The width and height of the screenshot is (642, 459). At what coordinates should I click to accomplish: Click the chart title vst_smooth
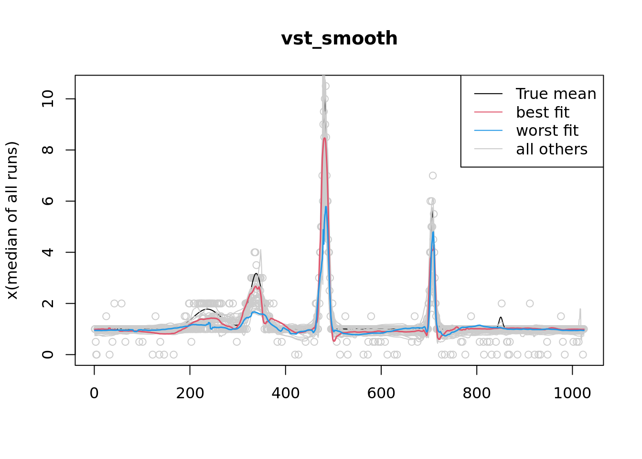(339, 38)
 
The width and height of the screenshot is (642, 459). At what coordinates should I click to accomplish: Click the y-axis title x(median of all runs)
(12, 220)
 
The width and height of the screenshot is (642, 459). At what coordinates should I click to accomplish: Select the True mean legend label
(556, 94)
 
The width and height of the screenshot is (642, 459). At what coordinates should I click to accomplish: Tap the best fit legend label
(542, 112)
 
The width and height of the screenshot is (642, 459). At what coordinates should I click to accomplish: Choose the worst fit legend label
(547, 131)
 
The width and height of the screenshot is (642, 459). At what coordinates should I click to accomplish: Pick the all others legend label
(551, 149)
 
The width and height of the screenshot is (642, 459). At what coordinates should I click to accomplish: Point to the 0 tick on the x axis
(94, 393)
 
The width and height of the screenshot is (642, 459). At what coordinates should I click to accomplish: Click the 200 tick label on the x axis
(190, 393)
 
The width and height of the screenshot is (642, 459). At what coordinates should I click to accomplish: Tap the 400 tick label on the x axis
(285, 393)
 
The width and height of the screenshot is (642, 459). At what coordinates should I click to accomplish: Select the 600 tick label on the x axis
(381, 393)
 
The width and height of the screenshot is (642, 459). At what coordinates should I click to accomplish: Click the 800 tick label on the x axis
(476, 393)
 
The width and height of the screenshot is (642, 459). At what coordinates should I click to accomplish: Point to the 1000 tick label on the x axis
(572, 393)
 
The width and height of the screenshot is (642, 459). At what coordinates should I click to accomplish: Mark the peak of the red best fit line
(324, 138)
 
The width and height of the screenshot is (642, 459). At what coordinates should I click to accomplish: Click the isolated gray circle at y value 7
(432, 175)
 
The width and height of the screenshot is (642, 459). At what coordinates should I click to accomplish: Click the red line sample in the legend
(488, 112)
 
